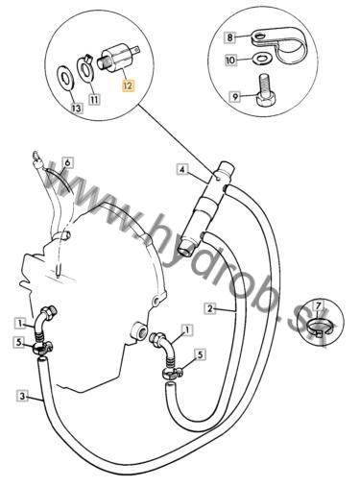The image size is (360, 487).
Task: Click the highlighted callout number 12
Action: click(x=129, y=85)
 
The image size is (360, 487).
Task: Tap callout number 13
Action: click(x=77, y=109)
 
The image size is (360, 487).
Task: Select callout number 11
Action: click(x=94, y=99)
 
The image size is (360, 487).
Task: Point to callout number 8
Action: click(x=230, y=37)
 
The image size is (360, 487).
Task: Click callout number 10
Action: click(x=230, y=60)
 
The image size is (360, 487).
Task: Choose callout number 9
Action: click(x=235, y=96)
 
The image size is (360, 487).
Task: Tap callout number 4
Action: click(x=182, y=169)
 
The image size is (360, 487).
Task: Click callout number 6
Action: click(x=67, y=162)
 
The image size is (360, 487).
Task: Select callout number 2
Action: click(x=210, y=308)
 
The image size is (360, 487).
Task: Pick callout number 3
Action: click(x=22, y=396)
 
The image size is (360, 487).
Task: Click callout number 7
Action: click(x=318, y=306)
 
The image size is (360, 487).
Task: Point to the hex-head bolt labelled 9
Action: click(x=266, y=90)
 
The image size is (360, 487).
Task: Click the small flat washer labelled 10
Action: click(x=262, y=59)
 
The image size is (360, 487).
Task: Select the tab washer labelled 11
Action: click(x=85, y=66)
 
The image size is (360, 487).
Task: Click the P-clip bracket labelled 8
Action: click(x=278, y=44)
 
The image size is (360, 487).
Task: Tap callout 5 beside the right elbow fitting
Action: click(x=201, y=354)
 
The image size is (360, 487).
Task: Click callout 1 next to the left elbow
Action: click(x=21, y=324)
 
